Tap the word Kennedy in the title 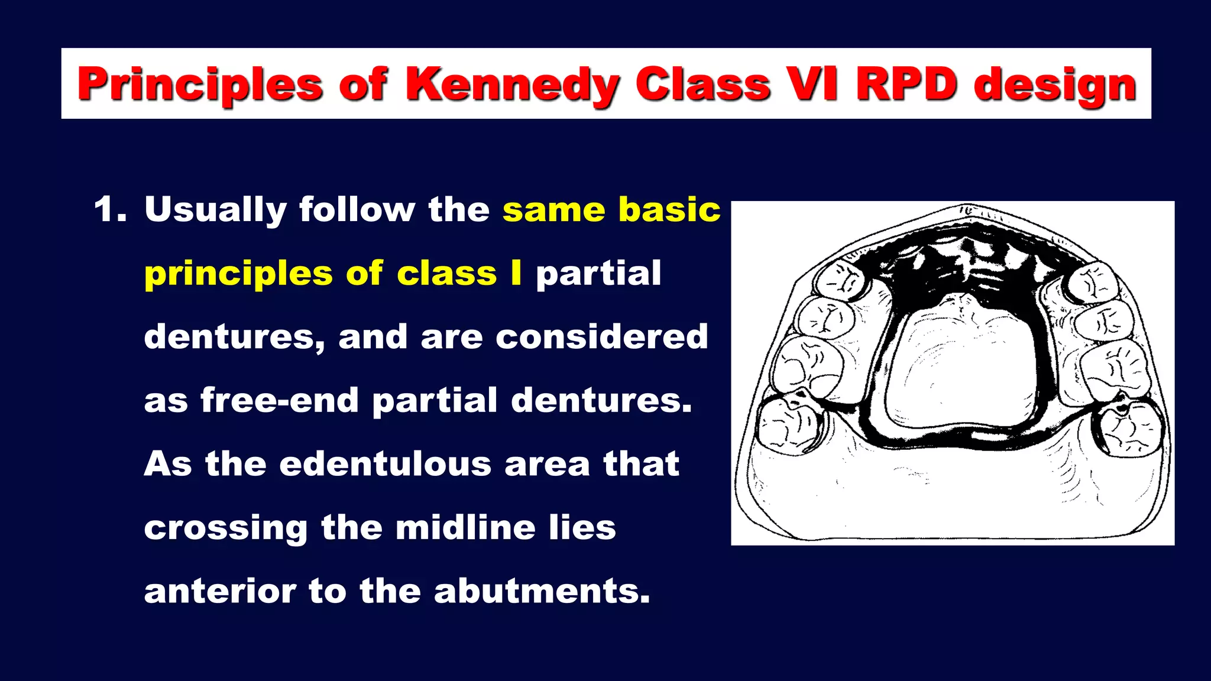tap(512, 85)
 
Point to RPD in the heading tap(906, 83)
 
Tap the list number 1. tap(110, 210)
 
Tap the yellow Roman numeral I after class tap(516, 273)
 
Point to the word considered tap(601, 336)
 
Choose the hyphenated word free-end tap(280, 400)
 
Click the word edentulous tap(385, 463)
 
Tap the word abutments tap(542, 591)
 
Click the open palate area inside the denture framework tap(961, 367)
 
